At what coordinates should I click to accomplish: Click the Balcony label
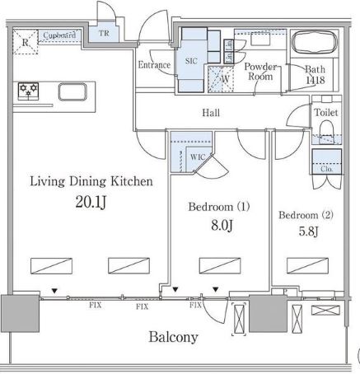pyautogui.click(x=173, y=337)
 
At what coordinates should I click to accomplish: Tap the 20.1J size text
pyautogui.click(x=91, y=203)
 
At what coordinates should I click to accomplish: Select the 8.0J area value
pyautogui.click(x=222, y=226)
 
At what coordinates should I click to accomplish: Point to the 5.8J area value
pyautogui.click(x=308, y=231)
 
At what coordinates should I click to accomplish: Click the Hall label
pyautogui.click(x=211, y=113)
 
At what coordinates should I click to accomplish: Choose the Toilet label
pyautogui.click(x=326, y=112)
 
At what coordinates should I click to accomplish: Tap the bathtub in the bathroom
pyautogui.click(x=315, y=42)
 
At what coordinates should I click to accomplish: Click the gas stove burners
pyautogui.click(x=28, y=91)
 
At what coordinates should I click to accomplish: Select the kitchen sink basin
pyautogui.click(x=72, y=91)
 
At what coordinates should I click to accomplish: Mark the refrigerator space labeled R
pyautogui.click(x=26, y=42)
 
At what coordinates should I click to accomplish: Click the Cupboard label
pyautogui.click(x=59, y=35)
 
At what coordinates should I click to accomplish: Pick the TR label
pyautogui.click(x=104, y=34)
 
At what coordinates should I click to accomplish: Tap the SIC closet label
pyautogui.click(x=191, y=61)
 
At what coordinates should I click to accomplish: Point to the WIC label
pyautogui.click(x=198, y=157)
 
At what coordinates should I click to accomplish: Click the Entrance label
pyautogui.click(x=154, y=65)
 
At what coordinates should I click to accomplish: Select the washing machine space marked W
pyautogui.click(x=221, y=79)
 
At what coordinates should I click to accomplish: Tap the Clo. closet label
pyautogui.click(x=326, y=169)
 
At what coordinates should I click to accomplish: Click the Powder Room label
pyautogui.click(x=260, y=72)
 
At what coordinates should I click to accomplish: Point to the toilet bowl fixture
pyautogui.click(x=326, y=131)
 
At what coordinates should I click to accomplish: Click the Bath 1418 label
pyautogui.click(x=316, y=74)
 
